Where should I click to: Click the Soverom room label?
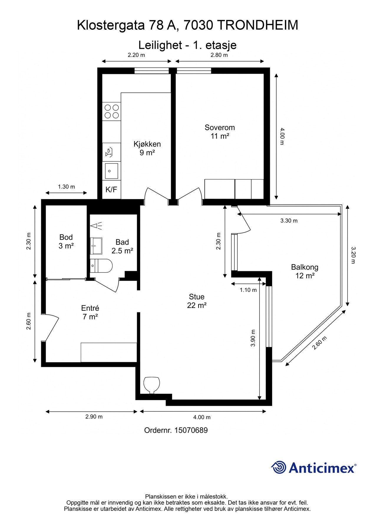tap(220, 132)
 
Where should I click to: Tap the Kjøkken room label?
tap(147, 148)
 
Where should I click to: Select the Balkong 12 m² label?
tap(305, 271)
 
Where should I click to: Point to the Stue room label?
tap(196, 301)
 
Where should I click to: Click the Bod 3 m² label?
tap(66, 241)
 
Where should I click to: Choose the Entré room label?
tap(90, 312)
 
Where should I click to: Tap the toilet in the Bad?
tap(101, 266)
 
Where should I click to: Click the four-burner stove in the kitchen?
tap(112, 111)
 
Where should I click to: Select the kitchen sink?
tap(112, 171)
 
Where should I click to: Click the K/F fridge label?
tap(111, 190)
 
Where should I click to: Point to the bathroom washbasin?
tap(96, 246)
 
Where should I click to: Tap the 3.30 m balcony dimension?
tap(289, 221)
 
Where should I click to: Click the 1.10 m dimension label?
tap(248, 290)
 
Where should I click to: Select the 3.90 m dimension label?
tap(253, 338)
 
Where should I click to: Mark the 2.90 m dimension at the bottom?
tap(94, 417)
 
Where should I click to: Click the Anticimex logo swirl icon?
tap(279, 468)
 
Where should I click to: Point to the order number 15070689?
tap(191, 430)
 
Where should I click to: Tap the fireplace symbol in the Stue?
tap(152, 385)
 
